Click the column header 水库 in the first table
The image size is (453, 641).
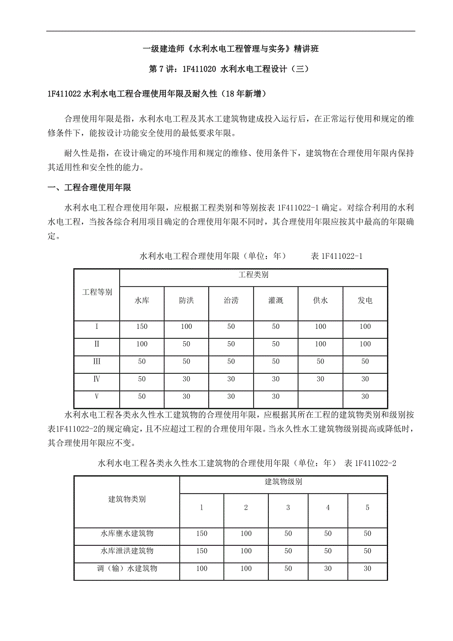point(142,301)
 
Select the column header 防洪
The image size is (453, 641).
point(186,301)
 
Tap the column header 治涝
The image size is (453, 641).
point(231,301)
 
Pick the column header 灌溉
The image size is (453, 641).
point(276,301)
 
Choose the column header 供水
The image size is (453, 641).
point(321,301)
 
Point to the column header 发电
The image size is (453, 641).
point(365,301)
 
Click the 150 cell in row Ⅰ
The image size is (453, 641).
point(142,327)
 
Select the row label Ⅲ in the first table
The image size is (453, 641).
point(97,361)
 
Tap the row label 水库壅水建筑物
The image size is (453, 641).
point(127,534)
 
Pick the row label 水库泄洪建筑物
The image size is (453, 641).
point(127,551)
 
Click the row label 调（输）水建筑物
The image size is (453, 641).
point(127,569)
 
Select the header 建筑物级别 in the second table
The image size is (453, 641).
point(284,482)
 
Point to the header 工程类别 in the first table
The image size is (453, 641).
point(254,275)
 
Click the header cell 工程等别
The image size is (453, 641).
point(97,292)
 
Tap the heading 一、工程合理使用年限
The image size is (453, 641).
point(89,188)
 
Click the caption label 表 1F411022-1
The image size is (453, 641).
point(337,256)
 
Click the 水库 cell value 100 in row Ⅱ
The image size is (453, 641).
point(142,344)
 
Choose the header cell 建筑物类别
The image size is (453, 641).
point(127,499)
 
